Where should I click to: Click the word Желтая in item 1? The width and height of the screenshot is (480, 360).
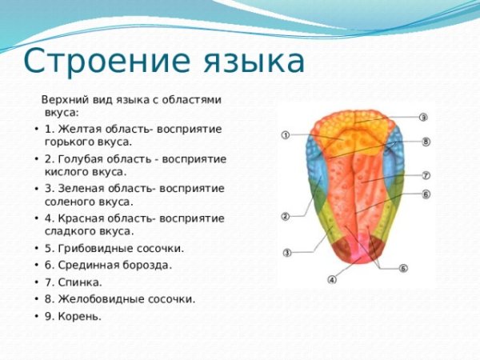[x=75, y=129]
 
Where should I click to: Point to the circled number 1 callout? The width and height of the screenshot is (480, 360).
[x=286, y=136]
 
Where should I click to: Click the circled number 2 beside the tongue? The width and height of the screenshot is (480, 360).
[x=286, y=216]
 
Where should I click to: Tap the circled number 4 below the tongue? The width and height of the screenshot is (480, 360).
[x=332, y=279]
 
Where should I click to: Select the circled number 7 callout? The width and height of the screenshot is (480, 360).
[x=426, y=174]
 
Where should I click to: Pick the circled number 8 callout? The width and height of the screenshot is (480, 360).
[x=426, y=142]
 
